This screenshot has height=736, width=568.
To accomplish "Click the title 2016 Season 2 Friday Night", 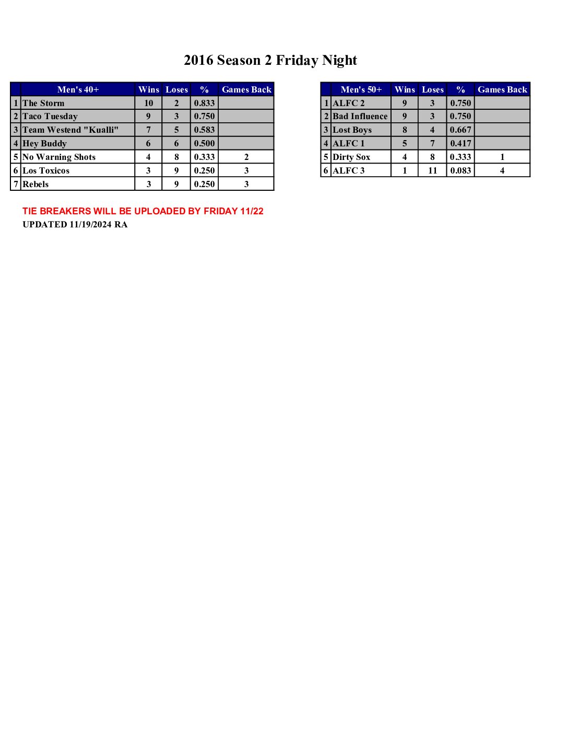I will click(270, 61).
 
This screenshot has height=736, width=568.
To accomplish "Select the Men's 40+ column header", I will click(78, 89).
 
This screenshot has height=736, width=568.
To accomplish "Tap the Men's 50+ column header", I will click(361, 89).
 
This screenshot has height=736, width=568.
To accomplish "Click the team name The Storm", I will click(43, 103).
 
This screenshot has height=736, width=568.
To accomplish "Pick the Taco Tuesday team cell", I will click(50, 117).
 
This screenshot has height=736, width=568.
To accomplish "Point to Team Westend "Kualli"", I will click(70, 130).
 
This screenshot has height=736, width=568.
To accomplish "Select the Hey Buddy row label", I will click(44, 144).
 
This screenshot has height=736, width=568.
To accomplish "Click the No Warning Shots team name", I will click(59, 157).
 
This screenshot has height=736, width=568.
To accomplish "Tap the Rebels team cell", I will click(35, 185).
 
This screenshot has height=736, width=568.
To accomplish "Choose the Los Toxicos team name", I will click(46, 171).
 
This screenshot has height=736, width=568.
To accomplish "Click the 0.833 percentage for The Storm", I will click(204, 103).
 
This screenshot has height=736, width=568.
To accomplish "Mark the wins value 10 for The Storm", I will click(149, 103).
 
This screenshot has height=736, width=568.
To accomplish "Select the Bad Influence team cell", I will click(360, 117).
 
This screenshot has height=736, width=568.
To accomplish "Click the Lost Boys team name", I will click(352, 130).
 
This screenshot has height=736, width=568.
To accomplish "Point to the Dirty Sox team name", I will click(351, 157).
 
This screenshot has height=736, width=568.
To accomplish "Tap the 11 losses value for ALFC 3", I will click(432, 171).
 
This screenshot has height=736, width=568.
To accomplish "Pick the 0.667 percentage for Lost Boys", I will click(460, 130).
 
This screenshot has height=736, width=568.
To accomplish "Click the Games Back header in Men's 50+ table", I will click(502, 89).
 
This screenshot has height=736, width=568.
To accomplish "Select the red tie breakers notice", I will click(143, 211).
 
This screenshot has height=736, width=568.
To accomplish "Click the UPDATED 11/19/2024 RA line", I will click(75, 225).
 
